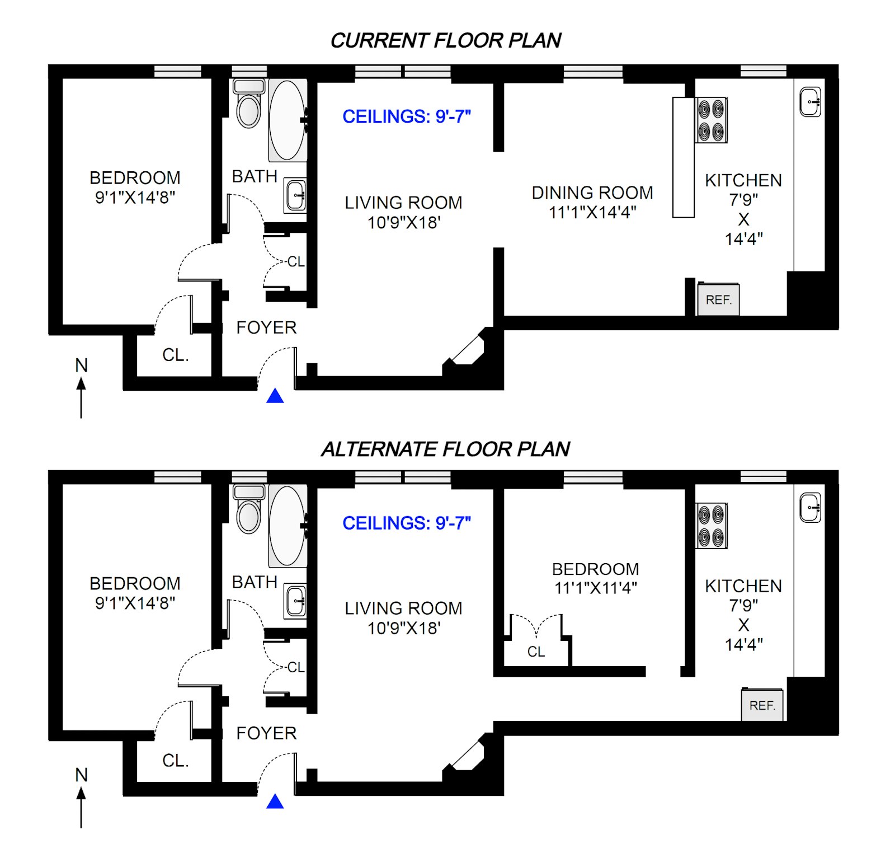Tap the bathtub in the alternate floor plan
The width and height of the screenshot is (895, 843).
point(287,526)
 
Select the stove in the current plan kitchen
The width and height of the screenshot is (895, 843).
point(711,120)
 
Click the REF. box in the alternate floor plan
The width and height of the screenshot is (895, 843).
point(762,705)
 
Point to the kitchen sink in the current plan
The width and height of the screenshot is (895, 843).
point(809,102)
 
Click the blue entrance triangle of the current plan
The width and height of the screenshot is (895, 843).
point(275,396)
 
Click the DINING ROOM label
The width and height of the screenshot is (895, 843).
point(592,193)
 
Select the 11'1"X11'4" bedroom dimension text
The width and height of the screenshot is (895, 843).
point(596,588)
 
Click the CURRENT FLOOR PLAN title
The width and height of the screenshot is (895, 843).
point(445,40)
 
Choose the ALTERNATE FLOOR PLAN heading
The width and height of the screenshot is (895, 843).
point(445,449)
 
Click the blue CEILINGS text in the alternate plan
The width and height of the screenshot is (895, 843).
point(406,523)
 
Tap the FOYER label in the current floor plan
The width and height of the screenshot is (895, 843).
point(266,327)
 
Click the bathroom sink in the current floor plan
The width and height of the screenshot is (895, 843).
point(295,195)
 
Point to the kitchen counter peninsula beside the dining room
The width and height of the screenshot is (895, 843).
point(683,157)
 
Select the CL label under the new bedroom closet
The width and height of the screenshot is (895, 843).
point(536,652)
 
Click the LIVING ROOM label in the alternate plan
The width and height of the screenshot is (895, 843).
point(403,608)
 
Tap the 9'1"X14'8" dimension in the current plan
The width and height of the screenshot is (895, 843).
point(135,198)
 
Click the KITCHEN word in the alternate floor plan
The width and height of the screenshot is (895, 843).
point(743,586)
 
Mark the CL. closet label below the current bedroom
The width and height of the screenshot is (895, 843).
point(175,355)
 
